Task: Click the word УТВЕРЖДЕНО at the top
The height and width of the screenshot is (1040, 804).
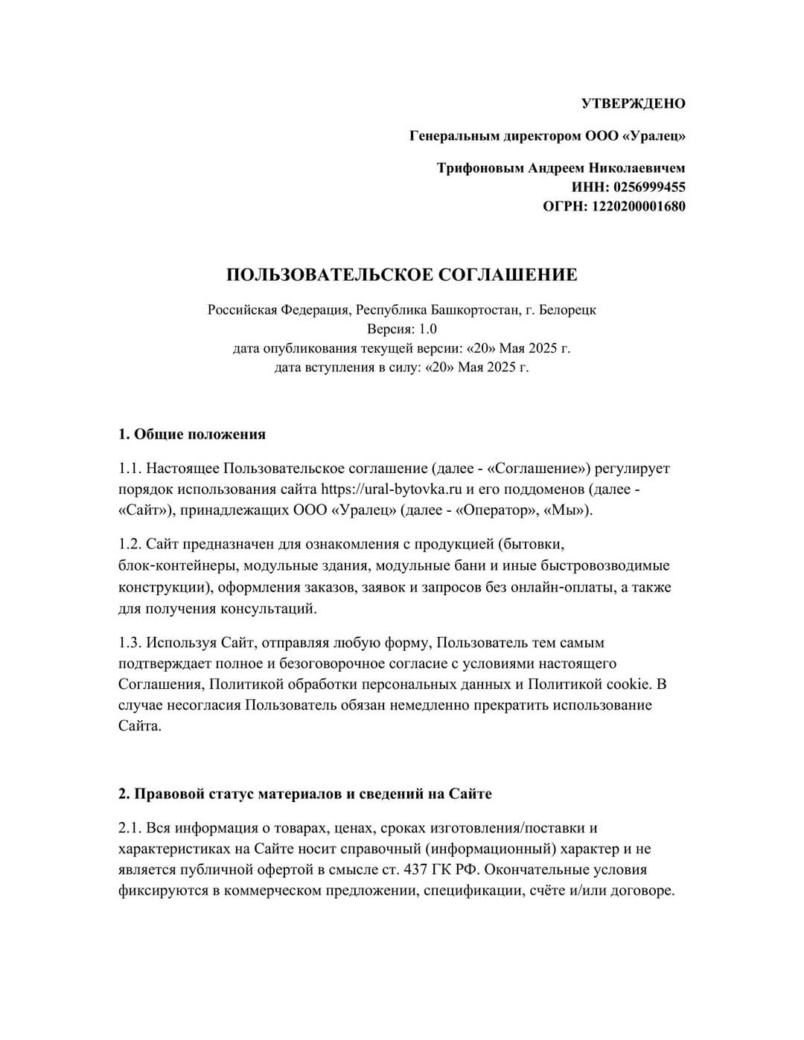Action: (633, 103)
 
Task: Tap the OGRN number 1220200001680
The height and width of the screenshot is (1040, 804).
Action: (638, 206)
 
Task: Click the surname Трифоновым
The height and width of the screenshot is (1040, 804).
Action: (481, 168)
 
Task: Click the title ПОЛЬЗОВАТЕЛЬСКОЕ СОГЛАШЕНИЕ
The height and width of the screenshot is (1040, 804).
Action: (402, 275)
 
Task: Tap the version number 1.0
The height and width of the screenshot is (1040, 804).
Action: (427, 329)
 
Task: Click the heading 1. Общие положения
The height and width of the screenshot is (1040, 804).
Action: (192, 434)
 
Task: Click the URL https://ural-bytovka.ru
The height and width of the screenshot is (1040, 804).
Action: (392, 489)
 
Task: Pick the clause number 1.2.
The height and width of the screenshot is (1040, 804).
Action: (130, 545)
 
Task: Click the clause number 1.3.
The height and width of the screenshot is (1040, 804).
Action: (130, 643)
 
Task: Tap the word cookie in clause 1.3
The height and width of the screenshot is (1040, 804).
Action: (629, 684)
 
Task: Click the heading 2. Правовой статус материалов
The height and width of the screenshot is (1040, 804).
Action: (305, 794)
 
